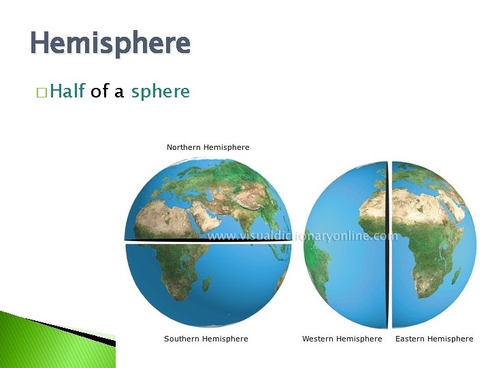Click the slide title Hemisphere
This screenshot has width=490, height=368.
tap(110, 44)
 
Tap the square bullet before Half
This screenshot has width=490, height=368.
tap(42, 92)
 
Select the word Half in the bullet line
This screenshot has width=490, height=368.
tap(66, 91)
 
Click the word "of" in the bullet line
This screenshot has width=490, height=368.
tap(99, 91)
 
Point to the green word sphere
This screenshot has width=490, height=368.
tap(160, 92)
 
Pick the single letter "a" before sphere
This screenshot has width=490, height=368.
tap(119, 92)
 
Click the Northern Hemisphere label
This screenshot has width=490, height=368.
tap(208, 147)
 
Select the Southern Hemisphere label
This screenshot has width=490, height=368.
tap(206, 339)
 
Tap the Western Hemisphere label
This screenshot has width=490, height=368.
tap(342, 339)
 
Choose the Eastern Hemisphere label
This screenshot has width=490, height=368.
tap(434, 339)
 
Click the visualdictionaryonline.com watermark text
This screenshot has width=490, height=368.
tap(302, 236)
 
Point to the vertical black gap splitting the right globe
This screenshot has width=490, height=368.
tap(389, 245)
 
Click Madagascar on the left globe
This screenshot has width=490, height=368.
tap(206, 282)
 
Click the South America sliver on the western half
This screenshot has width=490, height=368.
tap(310, 259)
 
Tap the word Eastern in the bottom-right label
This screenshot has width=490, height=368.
tap(411, 339)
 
